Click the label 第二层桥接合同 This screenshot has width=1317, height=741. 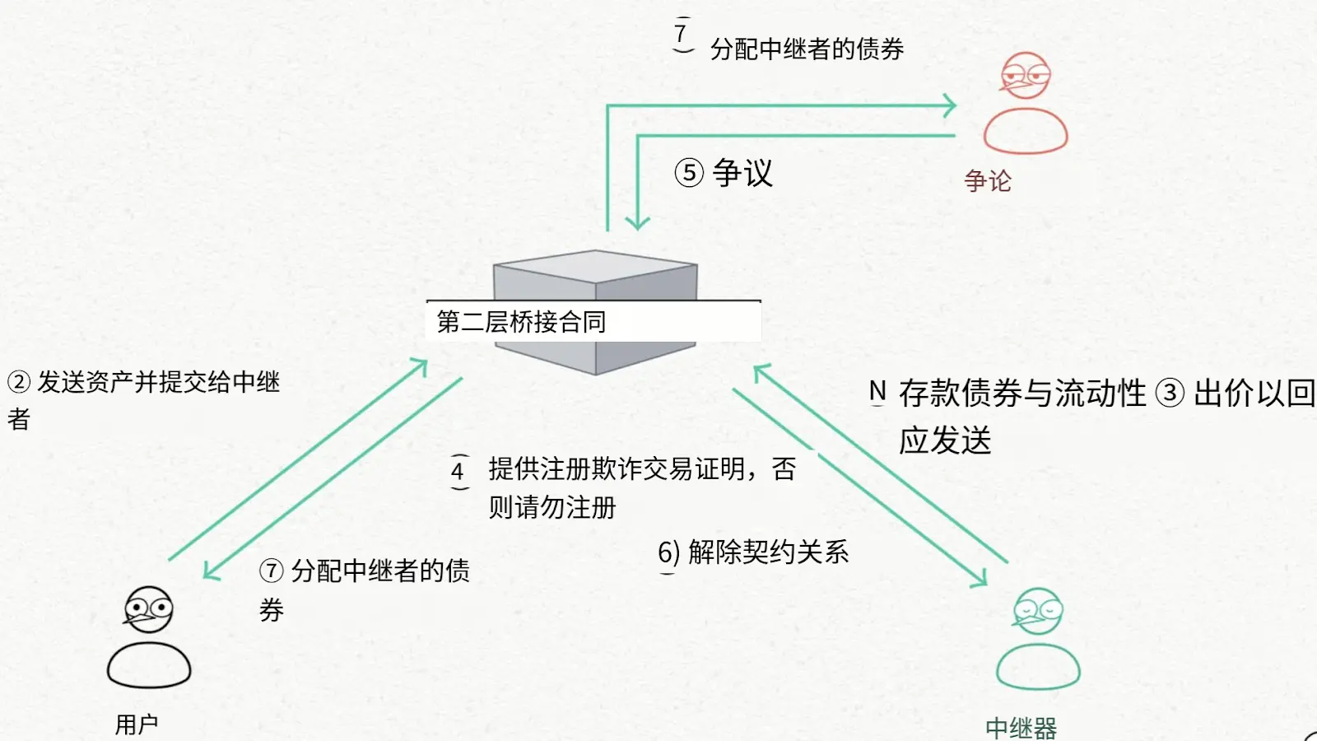click(521, 322)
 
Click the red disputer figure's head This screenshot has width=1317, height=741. click(1026, 76)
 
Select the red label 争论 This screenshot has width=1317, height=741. click(988, 181)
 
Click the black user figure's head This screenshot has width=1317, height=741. click(149, 609)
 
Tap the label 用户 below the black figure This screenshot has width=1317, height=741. click(137, 725)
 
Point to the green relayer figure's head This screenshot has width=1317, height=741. click(1038, 611)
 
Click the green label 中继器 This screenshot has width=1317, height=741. click(1021, 729)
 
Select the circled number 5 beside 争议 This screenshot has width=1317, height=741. click(690, 173)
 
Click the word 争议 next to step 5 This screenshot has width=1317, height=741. click(742, 173)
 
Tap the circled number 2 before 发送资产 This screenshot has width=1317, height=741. click(19, 382)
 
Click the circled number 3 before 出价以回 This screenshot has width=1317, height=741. click(1170, 394)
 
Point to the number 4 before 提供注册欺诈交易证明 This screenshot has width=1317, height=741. click(458, 472)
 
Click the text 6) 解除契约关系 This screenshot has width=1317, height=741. click(753, 552)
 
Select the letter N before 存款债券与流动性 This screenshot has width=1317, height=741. click(877, 392)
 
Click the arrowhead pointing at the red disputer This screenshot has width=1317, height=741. click(950, 105)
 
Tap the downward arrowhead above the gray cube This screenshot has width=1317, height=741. click(638, 222)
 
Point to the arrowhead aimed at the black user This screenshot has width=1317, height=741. click(211, 571)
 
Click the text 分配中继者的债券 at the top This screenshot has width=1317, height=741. click(807, 49)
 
